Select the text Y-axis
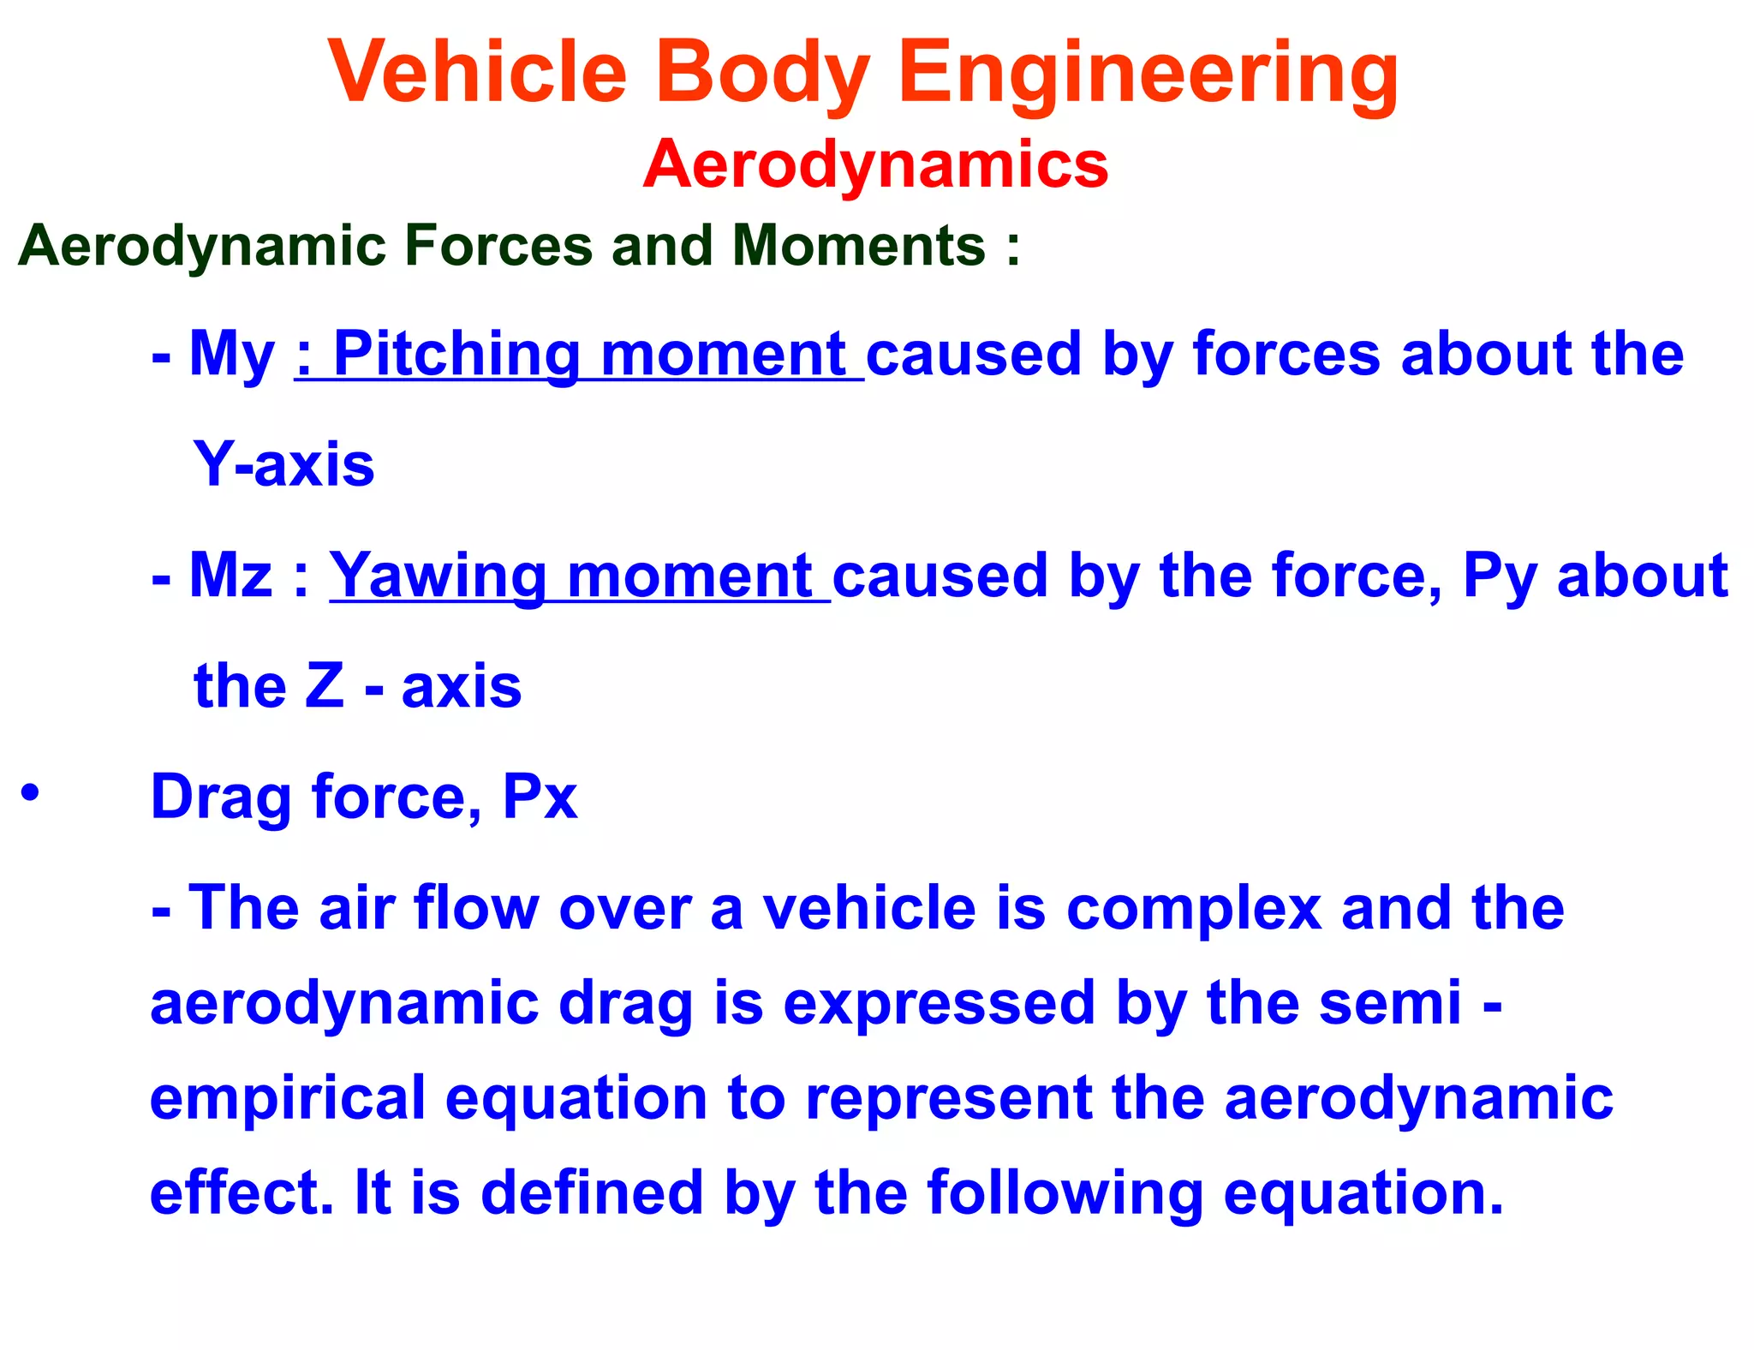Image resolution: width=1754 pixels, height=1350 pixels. [284, 465]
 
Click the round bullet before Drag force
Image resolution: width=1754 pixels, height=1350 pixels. [31, 793]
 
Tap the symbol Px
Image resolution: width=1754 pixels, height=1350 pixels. [540, 797]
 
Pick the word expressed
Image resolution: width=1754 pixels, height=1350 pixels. [939, 1004]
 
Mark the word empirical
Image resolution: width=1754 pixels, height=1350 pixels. [288, 1100]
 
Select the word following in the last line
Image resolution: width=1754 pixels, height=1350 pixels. [1065, 1194]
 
